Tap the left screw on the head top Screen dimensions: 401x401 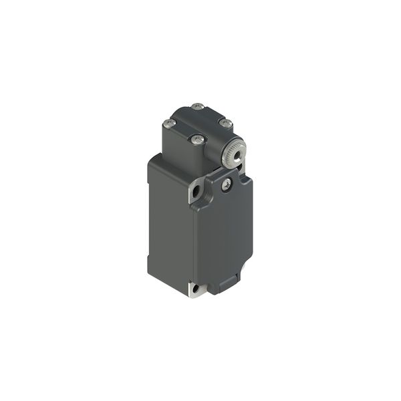167,123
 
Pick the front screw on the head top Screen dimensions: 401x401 196,140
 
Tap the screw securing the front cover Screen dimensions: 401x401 227,182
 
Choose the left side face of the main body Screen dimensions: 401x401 170,221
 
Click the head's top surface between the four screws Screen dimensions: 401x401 196,122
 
